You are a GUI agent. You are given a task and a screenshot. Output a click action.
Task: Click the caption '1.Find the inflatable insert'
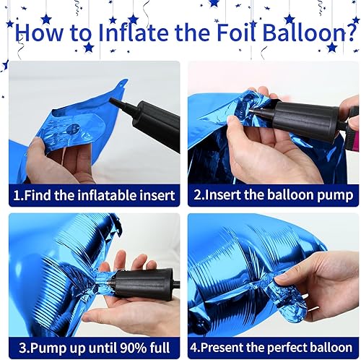click(x=95, y=195)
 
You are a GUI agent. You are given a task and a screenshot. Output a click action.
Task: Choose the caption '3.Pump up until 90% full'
click(x=95, y=346)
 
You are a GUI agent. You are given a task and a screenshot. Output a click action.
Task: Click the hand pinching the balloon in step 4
click(x=329, y=278)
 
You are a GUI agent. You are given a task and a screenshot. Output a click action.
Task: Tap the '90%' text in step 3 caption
click(x=130, y=346)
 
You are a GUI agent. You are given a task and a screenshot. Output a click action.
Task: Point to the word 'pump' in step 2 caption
click(x=335, y=195)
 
